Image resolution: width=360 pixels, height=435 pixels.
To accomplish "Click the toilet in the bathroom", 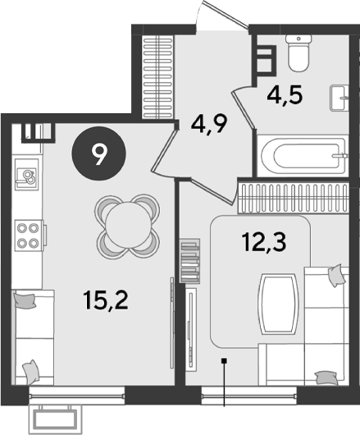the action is tap(298, 53).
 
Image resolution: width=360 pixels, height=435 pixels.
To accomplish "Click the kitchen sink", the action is tap(26, 175).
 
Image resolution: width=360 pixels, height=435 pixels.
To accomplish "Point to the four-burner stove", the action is tap(29, 236).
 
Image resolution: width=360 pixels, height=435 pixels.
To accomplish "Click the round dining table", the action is tap(127, 226).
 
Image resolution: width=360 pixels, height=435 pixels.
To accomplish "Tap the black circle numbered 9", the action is tap(99, 153).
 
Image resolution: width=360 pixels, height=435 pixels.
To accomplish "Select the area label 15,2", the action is tap(106, 301).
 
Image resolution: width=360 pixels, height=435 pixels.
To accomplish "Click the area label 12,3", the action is tap(263, 242).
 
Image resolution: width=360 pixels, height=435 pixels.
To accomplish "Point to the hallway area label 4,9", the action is tap(209, 124).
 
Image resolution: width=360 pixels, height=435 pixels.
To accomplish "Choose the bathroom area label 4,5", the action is tap(285, 95).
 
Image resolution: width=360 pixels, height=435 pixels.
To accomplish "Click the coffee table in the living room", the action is tap(279, 304).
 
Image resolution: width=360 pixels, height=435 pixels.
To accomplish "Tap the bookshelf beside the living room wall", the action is tap(190, 261).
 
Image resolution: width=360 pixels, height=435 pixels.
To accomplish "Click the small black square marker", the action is tap(224, 360).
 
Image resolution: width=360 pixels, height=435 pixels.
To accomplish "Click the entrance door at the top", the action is tap(222, 16).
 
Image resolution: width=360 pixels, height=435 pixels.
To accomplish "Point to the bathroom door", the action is tap(244, 107).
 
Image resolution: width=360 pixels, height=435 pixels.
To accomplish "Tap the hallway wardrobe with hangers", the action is tap(158, 77).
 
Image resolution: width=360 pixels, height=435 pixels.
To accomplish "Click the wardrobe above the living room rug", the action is tap(294, 198).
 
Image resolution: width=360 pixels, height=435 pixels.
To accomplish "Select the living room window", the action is tap(248, 396).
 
